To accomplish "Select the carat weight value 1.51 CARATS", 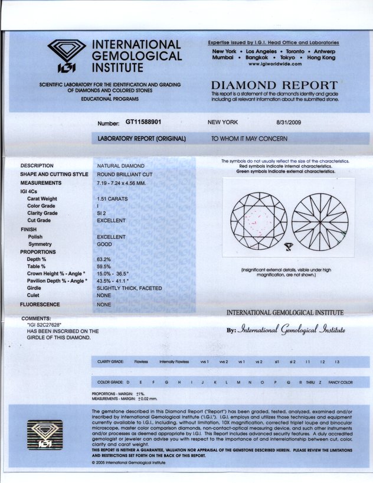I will [x=112, y=199].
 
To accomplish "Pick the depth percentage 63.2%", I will [x=104, y=259].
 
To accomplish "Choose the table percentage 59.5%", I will [x=104, y=266].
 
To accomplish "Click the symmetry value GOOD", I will [x=105, y=244].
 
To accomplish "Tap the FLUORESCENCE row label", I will [x=40, y=304].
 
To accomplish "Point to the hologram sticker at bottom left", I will [x=45, y=433].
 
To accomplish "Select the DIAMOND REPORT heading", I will [x=274, y=86].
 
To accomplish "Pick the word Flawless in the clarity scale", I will [x=140, y=361].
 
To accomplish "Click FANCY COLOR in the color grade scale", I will [x=341, y=382].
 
